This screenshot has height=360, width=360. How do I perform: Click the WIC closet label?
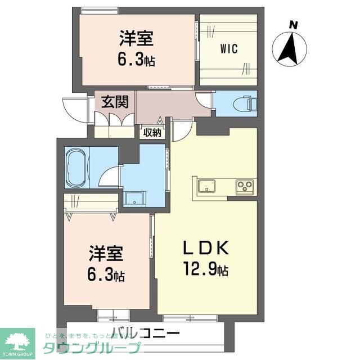[228, 49]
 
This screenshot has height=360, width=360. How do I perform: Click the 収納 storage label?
[152, 133]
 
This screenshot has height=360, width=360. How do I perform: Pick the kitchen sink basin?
[206, 186]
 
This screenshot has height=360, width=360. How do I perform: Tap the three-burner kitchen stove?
[245, 186]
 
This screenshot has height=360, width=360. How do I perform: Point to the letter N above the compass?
[292, 24]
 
